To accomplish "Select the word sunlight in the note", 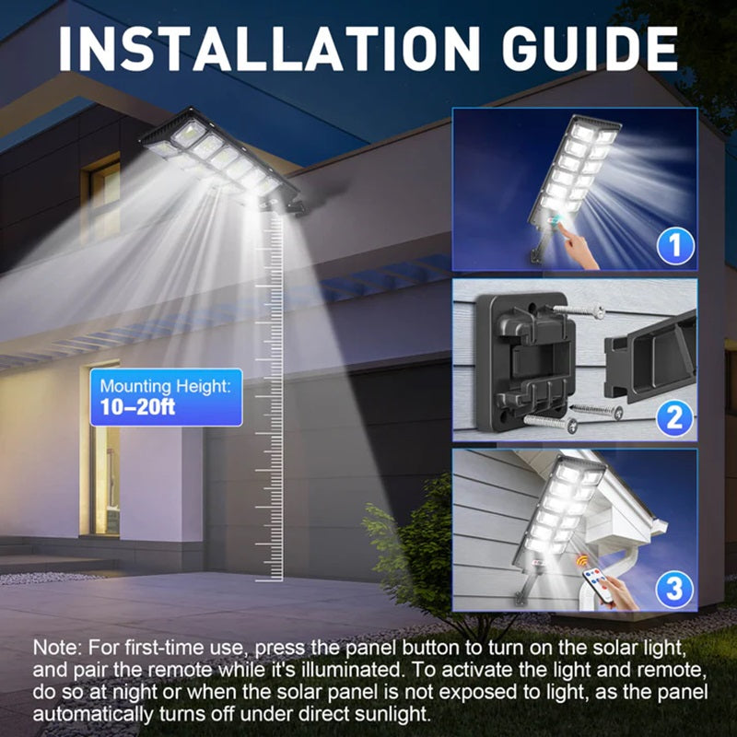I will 390,714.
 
